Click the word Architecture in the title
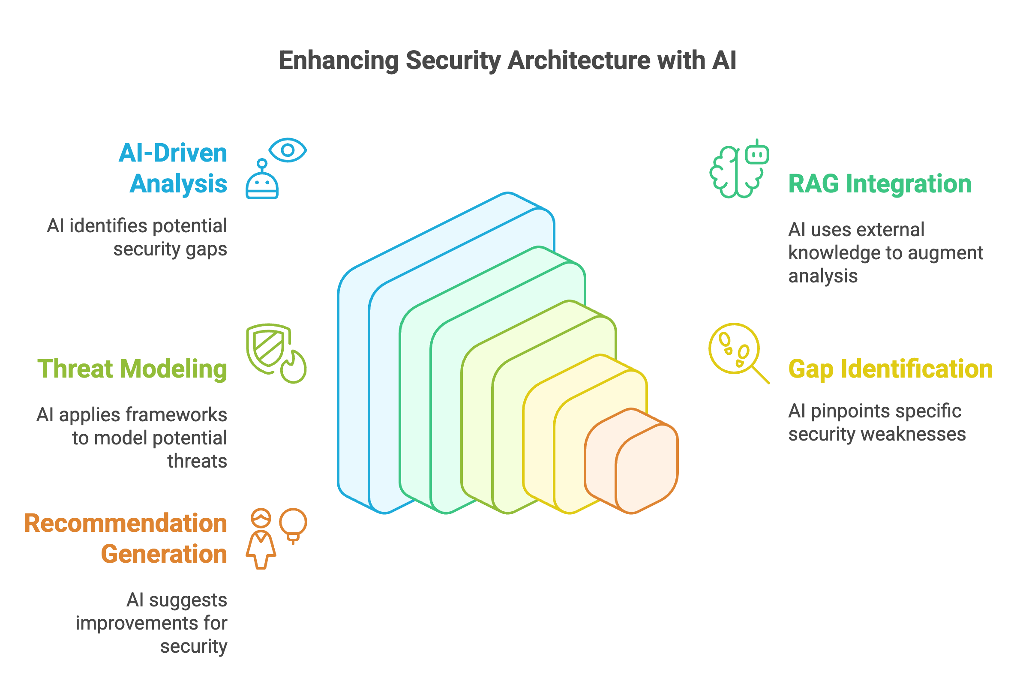pos(579,60)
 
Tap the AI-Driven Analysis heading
pos(173,168)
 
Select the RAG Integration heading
pos(879,184)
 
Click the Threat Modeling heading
pos(132,369)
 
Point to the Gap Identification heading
pos(890,369)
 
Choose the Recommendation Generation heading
pos(126,539)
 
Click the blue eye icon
pos(288,150)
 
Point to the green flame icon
pos(294,367)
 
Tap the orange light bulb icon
pos(293,525)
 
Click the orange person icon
pos(261,539)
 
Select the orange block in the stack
pos(631,461)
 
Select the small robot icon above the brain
pos(757,152)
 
